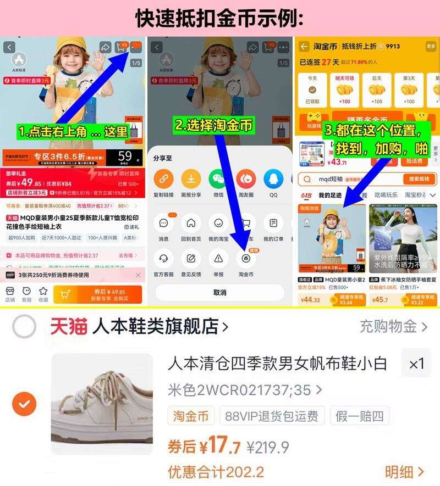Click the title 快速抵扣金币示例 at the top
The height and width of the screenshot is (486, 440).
[220, 19]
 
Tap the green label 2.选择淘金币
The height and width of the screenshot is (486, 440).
[215, 125]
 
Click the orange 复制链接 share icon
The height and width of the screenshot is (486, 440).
[163, 179]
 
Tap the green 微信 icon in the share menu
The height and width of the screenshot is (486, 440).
[218, 179]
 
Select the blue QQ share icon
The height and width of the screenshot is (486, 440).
[273, 179]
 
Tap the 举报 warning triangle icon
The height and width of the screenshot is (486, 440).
[218, 258]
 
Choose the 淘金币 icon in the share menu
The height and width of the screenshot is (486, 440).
[246, 258]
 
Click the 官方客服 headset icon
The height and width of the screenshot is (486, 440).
[163, 258]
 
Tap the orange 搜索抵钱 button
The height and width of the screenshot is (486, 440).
[419, 179]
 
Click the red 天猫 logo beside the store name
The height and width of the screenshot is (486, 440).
[69, 327]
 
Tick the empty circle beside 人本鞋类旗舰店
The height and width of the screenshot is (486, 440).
[24, 328]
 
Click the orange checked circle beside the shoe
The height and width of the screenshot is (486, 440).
[24, 405]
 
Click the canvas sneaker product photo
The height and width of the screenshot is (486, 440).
[102, 404]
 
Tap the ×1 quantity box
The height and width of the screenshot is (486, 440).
[416, 364]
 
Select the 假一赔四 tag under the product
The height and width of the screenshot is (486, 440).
[360, 416]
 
